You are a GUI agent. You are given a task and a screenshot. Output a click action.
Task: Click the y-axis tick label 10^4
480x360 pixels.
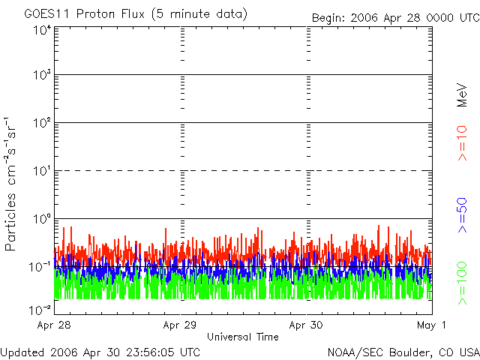pyautogui.click(x=41, y=30)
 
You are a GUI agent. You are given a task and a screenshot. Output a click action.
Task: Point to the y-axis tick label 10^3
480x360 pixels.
pyautogui.click(x=41, y=76)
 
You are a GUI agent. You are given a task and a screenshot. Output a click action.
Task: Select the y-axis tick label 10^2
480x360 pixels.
pyautogui.click(x=41, y=124)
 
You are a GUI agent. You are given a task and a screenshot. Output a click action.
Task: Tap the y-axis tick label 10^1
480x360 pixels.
pyautogui.click(x=41, y=172)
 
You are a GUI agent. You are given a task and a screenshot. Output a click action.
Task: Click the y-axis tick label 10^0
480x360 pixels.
pyautogui.click(x=41, y=220)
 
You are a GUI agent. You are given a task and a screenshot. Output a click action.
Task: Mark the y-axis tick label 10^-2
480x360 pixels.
pyautogui.click(x=40, y=310)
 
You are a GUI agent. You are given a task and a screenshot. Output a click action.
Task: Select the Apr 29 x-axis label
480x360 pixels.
pyautogui.click(x=180, y=325)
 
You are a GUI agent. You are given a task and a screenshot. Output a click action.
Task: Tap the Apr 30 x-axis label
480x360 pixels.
pyautogui.click(x=306, y=325)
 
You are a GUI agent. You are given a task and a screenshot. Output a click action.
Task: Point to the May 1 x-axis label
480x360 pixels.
pyautogui.click(x=433, y=325)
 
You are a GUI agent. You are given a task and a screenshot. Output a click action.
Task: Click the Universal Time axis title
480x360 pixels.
pyautogui.click(x=242, y=337)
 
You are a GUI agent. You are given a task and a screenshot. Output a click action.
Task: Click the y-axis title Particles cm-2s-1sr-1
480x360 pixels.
pyautogui.click(x=13, y=184)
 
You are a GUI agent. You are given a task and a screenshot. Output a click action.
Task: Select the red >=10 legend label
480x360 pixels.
pyautogui.click(x=463, y=143)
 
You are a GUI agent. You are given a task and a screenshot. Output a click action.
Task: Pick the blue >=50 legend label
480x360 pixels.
pyautogui.click(x=463, y=214)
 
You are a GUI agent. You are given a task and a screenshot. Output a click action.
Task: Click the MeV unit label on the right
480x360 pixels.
pyautogui.click(x=463, y=96)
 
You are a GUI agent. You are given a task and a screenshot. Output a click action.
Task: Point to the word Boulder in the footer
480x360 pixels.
pyautogui.click(x=411, y=352)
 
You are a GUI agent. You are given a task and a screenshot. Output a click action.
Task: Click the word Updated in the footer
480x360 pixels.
pyautogui.click(x=22, y=352)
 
